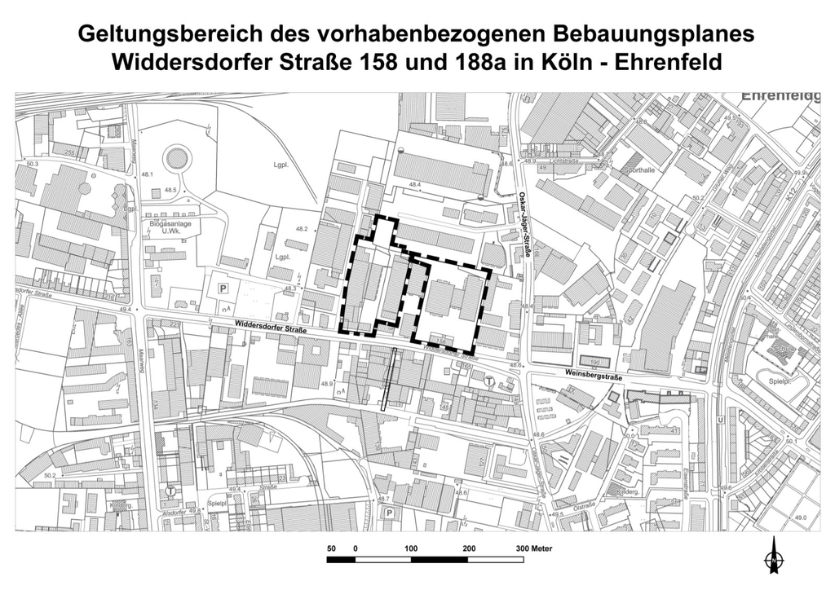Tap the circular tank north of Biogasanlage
tap(175, 158)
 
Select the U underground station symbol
tap(721, 420)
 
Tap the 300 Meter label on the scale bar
tap(534, 548)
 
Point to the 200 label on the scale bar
tap(469, 548)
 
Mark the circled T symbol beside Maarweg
tap(170, 491)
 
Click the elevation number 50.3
tap(32, 164)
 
